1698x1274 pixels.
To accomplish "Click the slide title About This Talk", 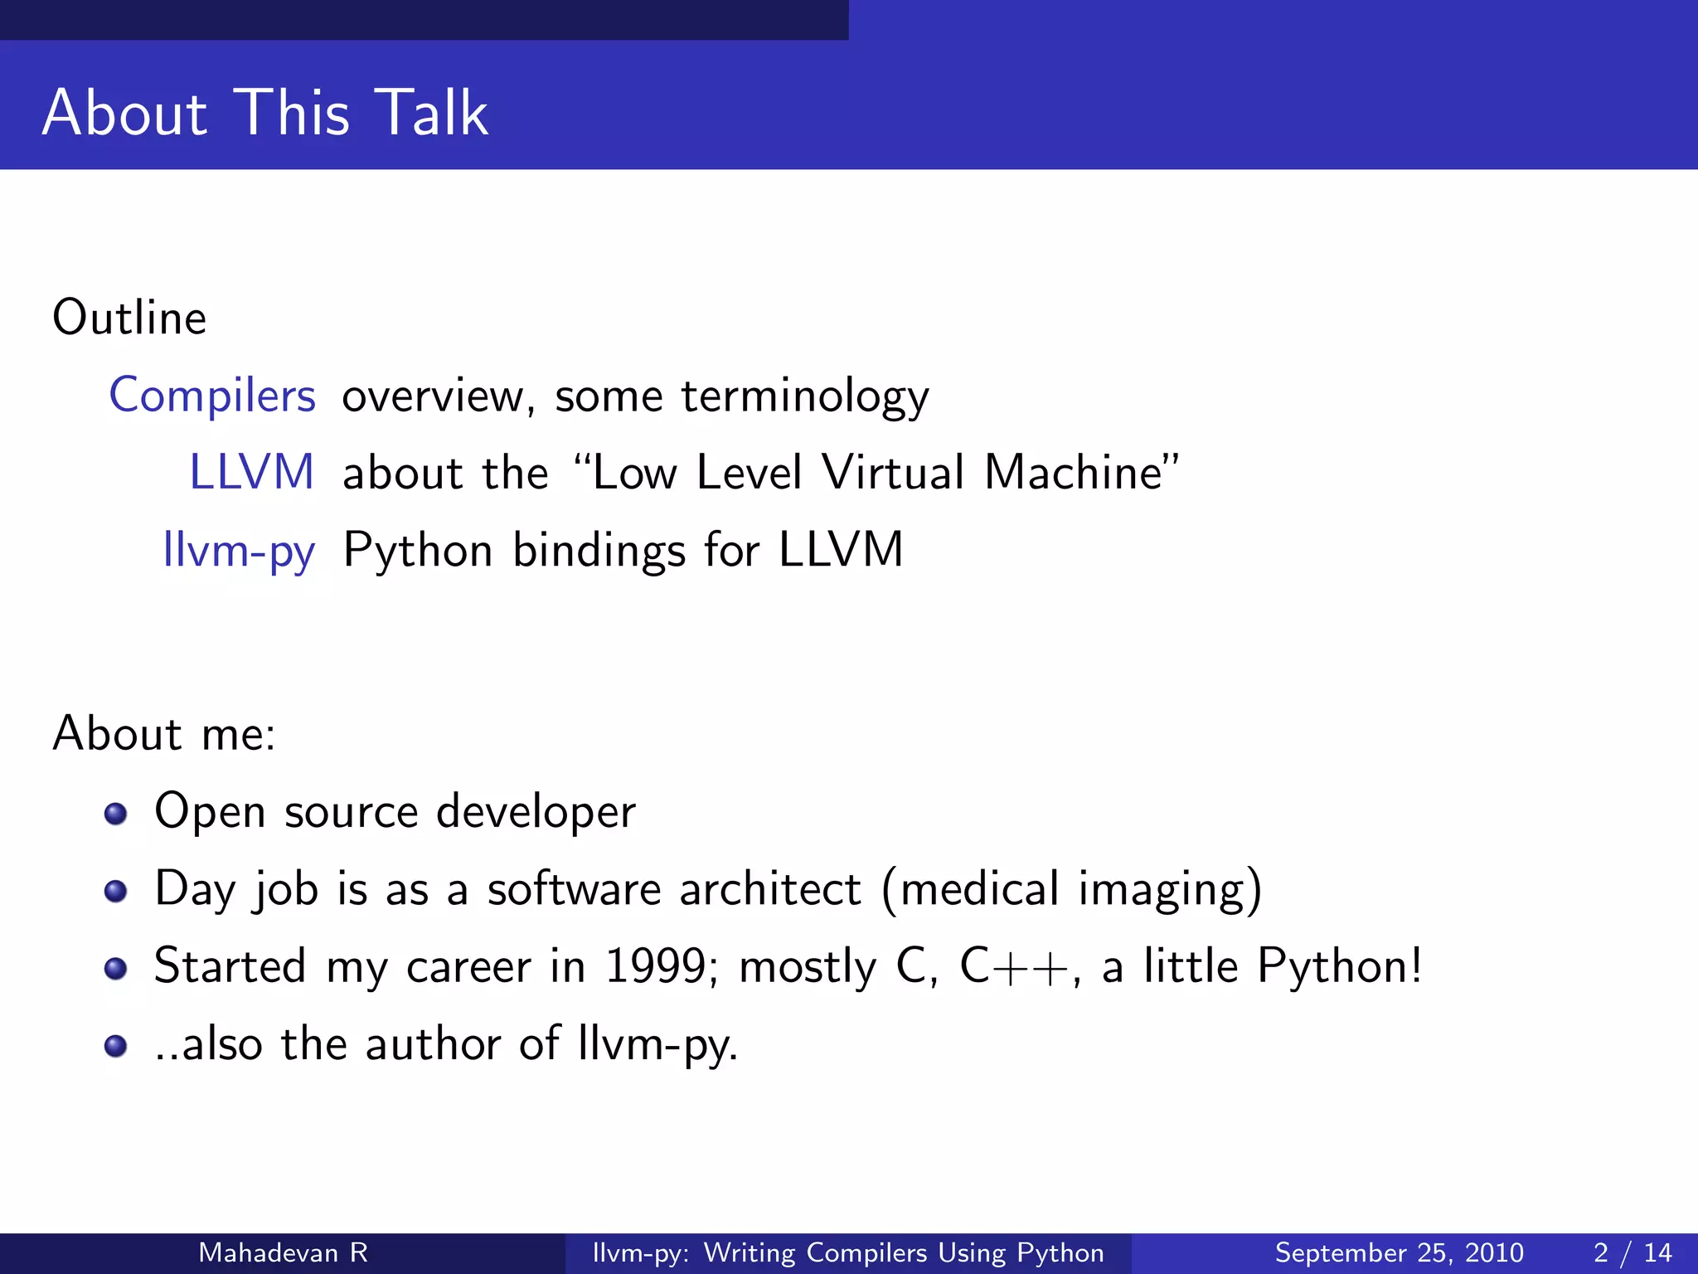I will (x=265, y=113).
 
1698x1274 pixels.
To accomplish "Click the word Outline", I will (x=129, y=318).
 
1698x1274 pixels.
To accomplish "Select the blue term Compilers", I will (x=212, y=396).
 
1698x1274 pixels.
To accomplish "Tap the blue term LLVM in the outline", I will (x=252, y=473).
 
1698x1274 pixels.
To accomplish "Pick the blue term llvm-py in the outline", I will (x=239, y=551).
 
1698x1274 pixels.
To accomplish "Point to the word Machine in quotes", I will (x=1075, y=473).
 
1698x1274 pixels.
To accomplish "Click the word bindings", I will (x=599, y=551).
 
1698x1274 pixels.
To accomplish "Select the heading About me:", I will (x=164, y=734).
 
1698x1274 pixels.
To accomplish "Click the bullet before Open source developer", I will (x=116, y=814).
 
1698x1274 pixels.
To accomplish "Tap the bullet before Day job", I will (x=116, y=891).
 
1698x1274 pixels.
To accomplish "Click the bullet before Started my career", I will (x=116, y=968).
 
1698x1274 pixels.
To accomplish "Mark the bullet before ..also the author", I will (x=116, y=1046).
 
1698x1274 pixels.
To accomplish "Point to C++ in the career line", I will (x=1013, y=966).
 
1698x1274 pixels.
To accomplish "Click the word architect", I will (x=770, y=889).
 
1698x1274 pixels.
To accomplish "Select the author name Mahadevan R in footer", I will (x=283, y=1252).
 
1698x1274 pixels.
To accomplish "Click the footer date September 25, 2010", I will (x=1399, y=1252).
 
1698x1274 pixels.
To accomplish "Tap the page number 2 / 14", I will (x=1633, y=1252).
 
